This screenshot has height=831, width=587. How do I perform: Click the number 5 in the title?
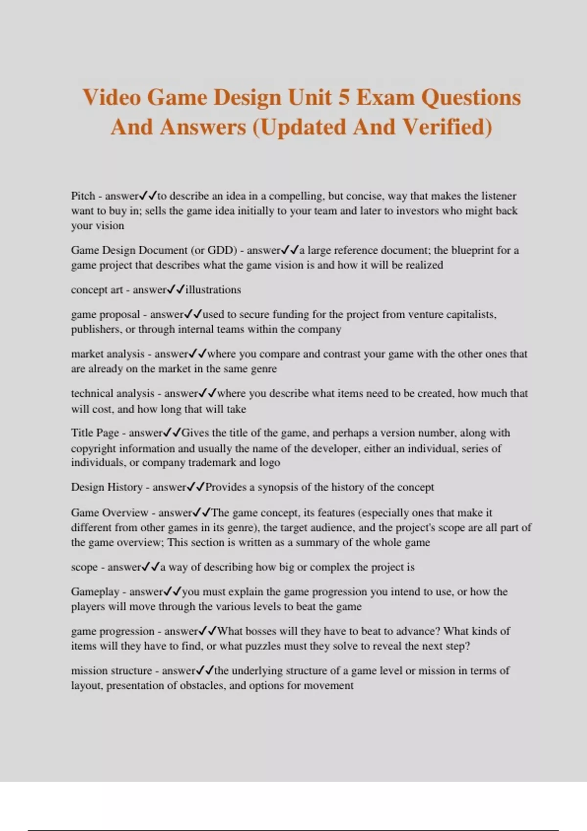(344, 97)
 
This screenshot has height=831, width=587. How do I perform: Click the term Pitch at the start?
(83, 196)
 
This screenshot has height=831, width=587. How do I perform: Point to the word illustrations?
(213, 290)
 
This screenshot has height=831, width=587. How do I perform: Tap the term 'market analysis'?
(108, 354)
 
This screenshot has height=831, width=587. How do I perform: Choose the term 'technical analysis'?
(113, 394)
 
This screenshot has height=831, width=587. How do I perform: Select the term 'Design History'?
(107, 487)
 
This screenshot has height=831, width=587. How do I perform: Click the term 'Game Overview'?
(110, 513)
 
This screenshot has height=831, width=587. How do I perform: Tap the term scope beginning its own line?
(84, 567)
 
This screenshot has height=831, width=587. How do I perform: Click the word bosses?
(261, 631)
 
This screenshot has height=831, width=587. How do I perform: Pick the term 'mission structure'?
(112, 671)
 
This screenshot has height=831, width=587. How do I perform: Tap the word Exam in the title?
(386, 97)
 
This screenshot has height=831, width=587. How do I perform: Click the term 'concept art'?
(97, 290)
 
